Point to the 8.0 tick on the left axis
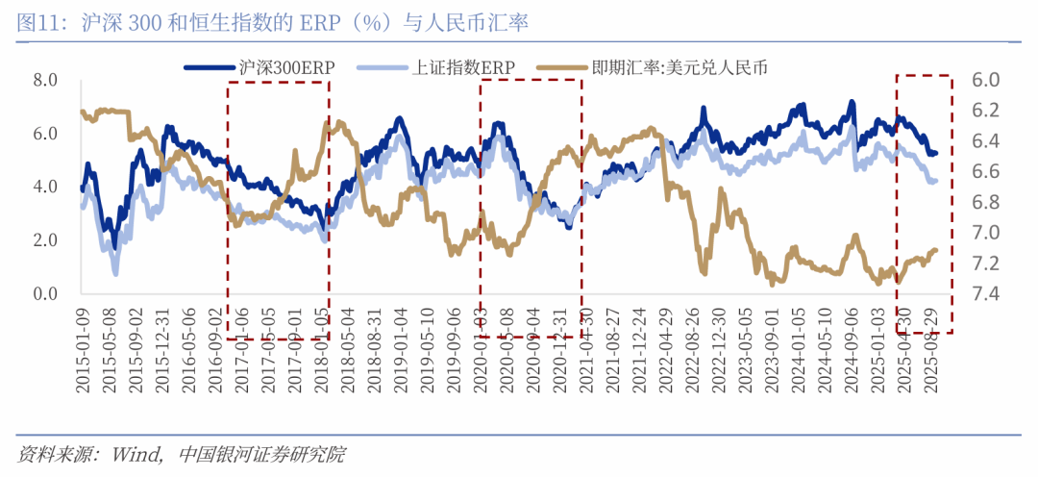[x=45, y=79]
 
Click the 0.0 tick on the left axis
[x=45, y=293]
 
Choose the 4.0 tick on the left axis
[x=45, y=187]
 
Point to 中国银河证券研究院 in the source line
[x=261, y=454]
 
